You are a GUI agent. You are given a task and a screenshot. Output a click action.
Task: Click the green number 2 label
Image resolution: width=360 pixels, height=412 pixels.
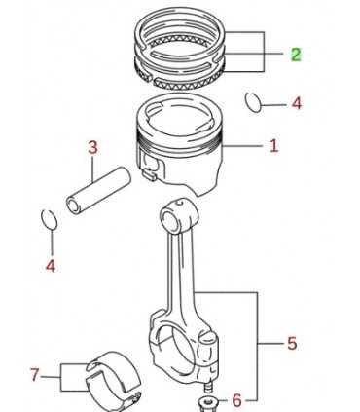(296, 55)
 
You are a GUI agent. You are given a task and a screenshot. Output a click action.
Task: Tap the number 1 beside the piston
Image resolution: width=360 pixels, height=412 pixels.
(273, 147)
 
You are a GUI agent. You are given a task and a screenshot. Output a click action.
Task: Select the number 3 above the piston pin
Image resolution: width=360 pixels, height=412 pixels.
(93, 148)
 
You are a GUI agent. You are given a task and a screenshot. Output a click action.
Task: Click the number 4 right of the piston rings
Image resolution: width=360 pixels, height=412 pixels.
(296, 102)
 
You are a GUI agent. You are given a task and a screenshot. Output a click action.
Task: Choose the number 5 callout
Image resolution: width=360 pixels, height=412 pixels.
(291, 343)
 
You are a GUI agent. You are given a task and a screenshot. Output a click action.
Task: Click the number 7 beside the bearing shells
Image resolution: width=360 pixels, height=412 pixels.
(35, 373)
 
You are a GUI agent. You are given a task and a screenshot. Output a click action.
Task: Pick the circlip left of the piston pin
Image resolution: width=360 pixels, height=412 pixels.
(49, 217)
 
